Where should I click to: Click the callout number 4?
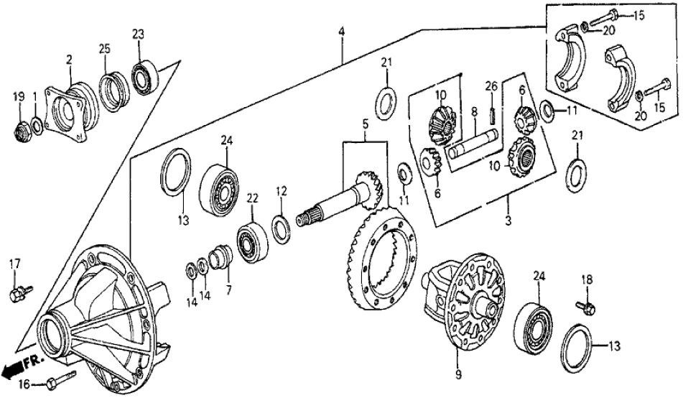click(x=342, y=32)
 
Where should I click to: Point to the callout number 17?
click(x=12, y=264)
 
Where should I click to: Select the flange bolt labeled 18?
click(x=585, y=307)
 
